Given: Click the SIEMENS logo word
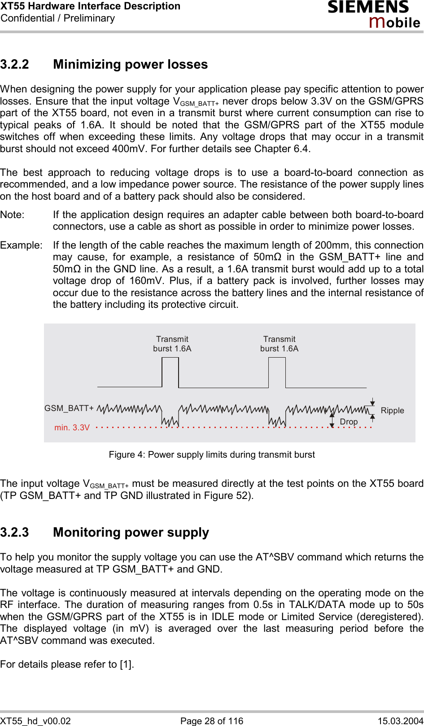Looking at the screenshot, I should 368,7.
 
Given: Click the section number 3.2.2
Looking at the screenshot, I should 15,65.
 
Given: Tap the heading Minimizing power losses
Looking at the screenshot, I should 130,65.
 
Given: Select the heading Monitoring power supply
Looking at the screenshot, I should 131,533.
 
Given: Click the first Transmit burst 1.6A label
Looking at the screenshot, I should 172,344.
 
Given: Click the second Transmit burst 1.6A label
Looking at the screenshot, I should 279,344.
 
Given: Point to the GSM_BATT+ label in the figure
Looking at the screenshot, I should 69,408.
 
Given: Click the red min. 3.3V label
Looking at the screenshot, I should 72,428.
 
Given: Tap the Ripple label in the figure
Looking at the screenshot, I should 392,411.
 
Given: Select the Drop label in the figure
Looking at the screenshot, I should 349,422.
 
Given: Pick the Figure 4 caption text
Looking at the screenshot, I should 212,455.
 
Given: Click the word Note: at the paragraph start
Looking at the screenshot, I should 13,215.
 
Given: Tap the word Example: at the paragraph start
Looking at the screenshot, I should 21,245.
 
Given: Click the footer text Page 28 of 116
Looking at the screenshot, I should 212,721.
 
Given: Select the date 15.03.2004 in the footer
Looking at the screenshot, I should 400,721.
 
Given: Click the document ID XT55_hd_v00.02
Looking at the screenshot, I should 35,721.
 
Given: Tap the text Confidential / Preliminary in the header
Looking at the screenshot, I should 58,18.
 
